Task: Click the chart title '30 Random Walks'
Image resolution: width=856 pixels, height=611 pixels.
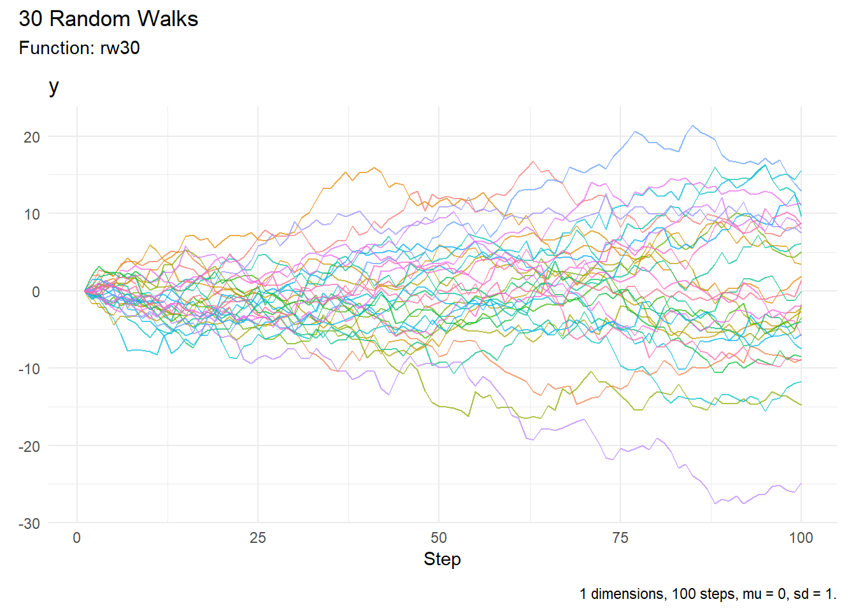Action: [x=108, y=19]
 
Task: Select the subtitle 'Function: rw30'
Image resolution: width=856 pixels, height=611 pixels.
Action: [x=79, y=48]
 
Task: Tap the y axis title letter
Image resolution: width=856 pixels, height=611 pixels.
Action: [x=54, y=87]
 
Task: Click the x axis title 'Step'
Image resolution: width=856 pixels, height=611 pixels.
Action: [x=442, y=559]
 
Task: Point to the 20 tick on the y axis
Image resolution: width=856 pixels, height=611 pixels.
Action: [x=32, y=137]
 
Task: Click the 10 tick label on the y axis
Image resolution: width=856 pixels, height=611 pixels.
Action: [x=32, y=214]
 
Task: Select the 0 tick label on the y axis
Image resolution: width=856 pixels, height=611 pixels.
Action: [x=36, y=291]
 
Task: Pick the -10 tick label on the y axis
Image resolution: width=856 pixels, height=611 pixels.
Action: [x=29, y=369]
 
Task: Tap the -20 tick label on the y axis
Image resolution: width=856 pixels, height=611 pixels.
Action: [x=29, y=446]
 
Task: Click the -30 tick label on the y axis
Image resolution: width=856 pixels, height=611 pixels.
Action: [x=29, y=524]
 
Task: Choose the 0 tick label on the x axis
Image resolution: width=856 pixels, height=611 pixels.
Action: [x=77, y=538]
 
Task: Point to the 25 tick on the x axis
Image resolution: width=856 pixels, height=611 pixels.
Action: [x=258, y=538]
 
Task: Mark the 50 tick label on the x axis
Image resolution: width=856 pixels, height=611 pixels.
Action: [x=439, y=538]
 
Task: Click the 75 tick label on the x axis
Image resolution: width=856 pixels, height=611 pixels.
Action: [x=620, y=538]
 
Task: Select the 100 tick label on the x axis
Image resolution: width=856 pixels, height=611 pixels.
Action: [x=801, y=538]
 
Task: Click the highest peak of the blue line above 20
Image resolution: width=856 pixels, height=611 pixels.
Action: [x=692, y=125]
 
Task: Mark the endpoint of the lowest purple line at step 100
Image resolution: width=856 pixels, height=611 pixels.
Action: [x=801, y=484]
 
